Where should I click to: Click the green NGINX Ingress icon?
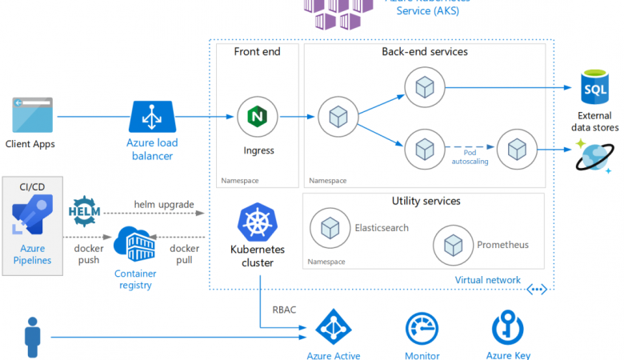pyautogui.click(x=257, y=116)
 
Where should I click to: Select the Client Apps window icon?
pyautogui.click(x=33, y=115)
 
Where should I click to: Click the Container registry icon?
pyautogui.click(x=134, y=245)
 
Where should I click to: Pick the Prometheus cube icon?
pyautogui.click(x=453, y=245)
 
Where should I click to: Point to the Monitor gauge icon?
pyautogui.click(x=422, y=329)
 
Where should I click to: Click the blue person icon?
pyautogui.click(x=33, y=337)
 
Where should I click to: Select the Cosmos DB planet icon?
pyautogui.click(x=594, y=157)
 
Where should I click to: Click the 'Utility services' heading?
pyautogui.click(x=426, y=201)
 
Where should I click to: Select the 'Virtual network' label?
pyautogui.click(x=487, y=280)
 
